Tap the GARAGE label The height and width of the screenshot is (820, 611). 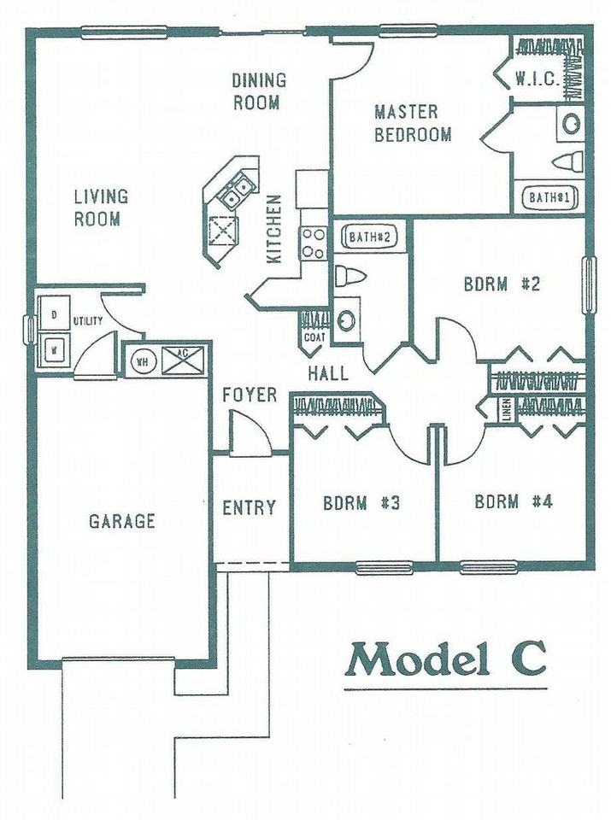point(122,520)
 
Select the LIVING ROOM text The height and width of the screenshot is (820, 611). point(100,208)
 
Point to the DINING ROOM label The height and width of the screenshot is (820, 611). point(258,91)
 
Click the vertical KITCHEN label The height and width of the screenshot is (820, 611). point(274,229)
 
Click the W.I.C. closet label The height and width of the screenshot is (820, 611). point(537,80)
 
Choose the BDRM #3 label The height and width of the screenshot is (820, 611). point(362,502)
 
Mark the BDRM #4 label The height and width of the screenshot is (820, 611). point(514,501)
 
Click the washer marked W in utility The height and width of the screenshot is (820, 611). point(53,350)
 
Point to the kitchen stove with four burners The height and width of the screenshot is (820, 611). point(313,242)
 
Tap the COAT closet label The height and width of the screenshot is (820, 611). point(314,337)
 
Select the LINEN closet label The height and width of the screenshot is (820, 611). point(506,410)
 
